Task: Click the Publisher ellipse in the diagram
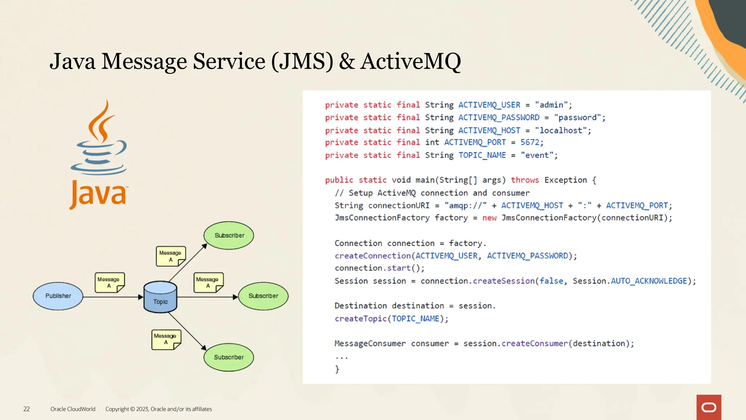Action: pyautogui.click(x=58, y=296)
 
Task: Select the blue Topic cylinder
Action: pyautogui.click(x=160, y=297)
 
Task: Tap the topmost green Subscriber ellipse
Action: pyautogui.click(x=229, y=236)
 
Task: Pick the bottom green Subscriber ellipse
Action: pyautogui.click(x=229, y=357)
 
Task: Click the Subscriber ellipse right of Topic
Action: pyautogui.click(x=263, y=296)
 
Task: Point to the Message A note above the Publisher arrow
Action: pyautogui.click(x=109, y=283)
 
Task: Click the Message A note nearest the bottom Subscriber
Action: pyautogui.click(x=166, y=339)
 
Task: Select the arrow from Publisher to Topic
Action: pyautogui.click(x=113, y=297)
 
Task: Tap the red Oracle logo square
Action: pyautogui.click(x=708, y=407)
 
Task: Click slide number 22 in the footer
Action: pyautogui.click(x=27, y=409)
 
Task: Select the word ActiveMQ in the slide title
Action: pyautogui.click(x=411, y=61)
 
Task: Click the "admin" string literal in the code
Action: pyautogui.click(x=551, y=105)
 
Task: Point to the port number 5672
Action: pyautogui.click(x=530, y=142)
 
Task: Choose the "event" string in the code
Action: pyautogui.click(x=537, y=155)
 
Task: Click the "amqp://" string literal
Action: pyautogui.click(x=466, y=206)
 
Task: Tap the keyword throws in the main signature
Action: pyautogui.click(x=525, y=180)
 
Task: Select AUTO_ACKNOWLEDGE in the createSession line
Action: pyautogui.click(x=649, y=281)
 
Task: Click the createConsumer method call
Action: pyautogui.click(x=534, y=343)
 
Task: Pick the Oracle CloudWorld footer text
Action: pyautogui.click(x=73, y=409)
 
